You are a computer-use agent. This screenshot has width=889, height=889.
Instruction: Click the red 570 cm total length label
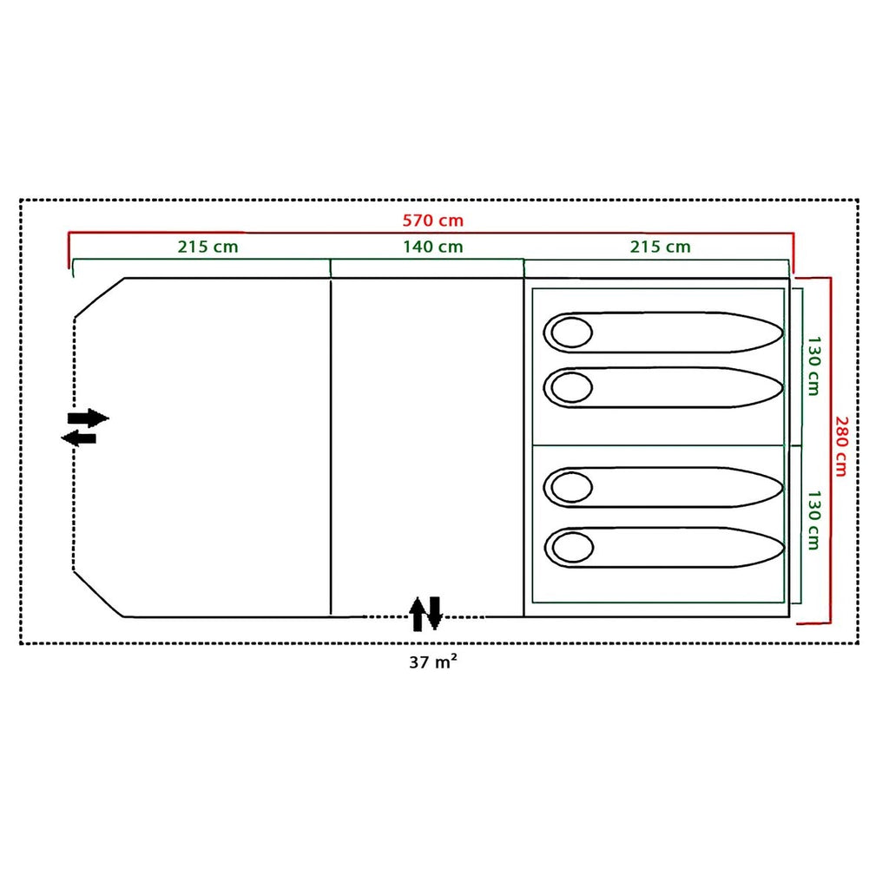tap(432, 220)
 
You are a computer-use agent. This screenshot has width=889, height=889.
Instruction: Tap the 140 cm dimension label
tap(432, 247)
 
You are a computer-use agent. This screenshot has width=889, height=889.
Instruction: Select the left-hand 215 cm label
tap(207, 247)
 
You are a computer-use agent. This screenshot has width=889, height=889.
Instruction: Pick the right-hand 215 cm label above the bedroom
tap(660, 247)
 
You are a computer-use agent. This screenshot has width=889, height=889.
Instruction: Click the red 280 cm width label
tap(840, 446)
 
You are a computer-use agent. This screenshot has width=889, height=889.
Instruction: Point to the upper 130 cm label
tap(813, 365)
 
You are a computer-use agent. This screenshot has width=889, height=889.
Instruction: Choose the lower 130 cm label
tap(813, 521)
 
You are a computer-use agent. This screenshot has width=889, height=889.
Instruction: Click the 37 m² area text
tap(432, 662)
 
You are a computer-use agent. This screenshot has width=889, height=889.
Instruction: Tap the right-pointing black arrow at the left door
tap(88, 418)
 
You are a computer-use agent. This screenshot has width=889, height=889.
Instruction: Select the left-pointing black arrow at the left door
tap(79, 438)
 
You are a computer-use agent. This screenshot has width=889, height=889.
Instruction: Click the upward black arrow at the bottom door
tap(418, 614)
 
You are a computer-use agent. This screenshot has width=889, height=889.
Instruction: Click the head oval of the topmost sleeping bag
tap(571, 333)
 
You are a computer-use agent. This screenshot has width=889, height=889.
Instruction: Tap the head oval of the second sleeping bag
tap(571, 387)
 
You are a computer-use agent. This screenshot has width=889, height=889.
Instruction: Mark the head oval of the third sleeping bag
tap(571, 487)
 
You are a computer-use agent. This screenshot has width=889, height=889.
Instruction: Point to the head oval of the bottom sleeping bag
tap(573, 548)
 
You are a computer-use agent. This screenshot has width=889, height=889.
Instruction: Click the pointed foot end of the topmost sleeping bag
tap(782, 333)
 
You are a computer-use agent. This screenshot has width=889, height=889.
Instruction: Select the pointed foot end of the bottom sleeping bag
tap(784, 548)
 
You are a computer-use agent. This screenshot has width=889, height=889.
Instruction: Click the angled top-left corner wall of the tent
tap(99, 298)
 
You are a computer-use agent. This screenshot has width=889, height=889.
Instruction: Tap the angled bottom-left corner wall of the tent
tap(98, 594)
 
